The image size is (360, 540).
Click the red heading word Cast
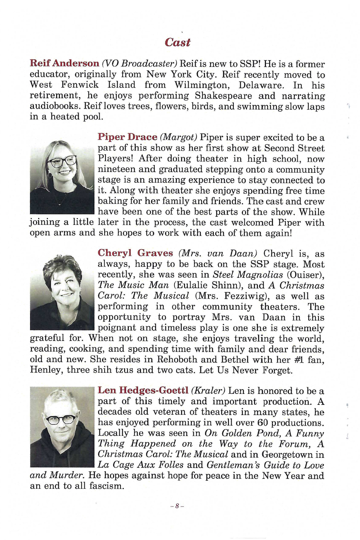pyautogui.click(x=178, y=42)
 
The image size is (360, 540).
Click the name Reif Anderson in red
pyautogui.click(x=64, y=64)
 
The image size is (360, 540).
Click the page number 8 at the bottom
pyautogui.click(x=177, y=506)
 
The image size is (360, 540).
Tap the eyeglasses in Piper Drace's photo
pyautogui.click(x=62, y=161)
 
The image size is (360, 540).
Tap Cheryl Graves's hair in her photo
pyautogui.click(x=62, y=265)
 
